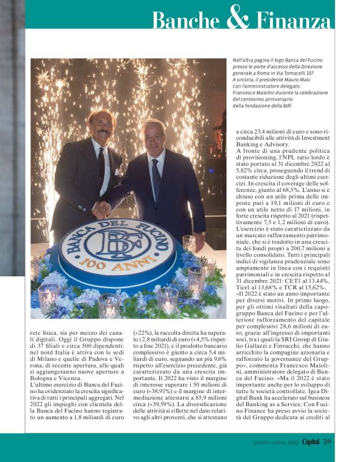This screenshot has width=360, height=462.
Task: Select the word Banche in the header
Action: click(x=187, y=20)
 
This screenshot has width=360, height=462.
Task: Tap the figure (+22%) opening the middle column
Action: click(x=145, y=332)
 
